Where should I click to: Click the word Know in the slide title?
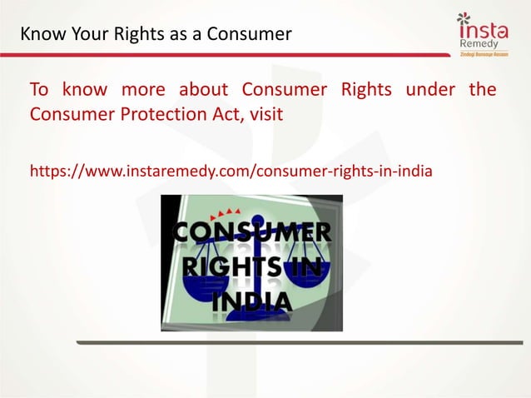pyautogui.click(x=38, y=34)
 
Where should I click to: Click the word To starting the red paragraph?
pyautogui.click(x=40, y=90)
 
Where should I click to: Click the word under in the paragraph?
pyautogui.click(x=429, y=90)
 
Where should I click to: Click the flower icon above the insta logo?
pyautogui.click(x=464, y=20)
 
